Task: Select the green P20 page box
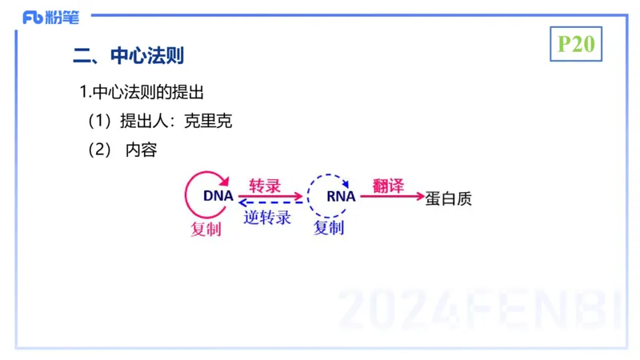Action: point(576,44)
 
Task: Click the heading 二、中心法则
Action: point(129,56)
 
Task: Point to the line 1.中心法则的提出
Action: point(147,92)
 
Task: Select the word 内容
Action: point(142,150)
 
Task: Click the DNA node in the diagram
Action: point(218,196)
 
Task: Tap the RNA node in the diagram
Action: point(342,196)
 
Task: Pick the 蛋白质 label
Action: point(449,198)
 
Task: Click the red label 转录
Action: point(265,186)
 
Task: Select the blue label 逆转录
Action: point(267,217)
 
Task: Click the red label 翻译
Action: point(388,186)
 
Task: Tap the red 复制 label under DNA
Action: point(206,230)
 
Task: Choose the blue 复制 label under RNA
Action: point(329,228)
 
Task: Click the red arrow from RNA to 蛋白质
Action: point(392,196)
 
